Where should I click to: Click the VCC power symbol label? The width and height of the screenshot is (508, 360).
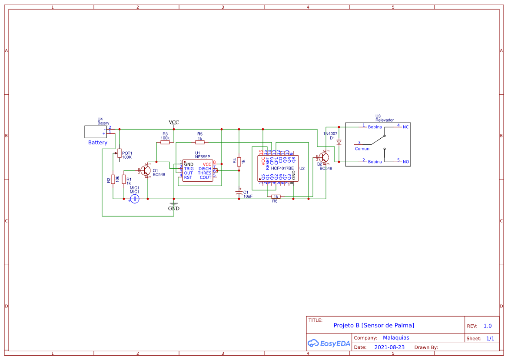pyautogui.click(x=174, y=122)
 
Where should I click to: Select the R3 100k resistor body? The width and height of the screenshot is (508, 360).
pyautogui.click(x=165, y=142)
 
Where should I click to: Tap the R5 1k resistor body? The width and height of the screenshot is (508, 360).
pyautogui.click(x=200, y=142)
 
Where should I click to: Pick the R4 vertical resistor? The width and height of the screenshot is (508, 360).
pyautogui.click(x=239, y=162)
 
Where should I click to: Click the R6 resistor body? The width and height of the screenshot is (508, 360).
pyautogui.click(x=276, y=197)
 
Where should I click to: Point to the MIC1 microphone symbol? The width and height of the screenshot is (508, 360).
pyautogui.click(x=135, y=199)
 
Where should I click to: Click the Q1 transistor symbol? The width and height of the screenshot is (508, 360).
pyautogui.click(x=146, y=170)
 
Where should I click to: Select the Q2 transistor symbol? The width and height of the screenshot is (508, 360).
pyautogui.click(x=324, y=157)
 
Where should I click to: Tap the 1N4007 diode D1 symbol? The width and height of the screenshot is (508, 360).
pyautogui.click(x=339, y=142)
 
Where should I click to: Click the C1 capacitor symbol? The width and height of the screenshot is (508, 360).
pyautogui.click(x=239, y=192)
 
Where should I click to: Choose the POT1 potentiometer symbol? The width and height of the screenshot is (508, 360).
pyautogui.click(x=120, y=153)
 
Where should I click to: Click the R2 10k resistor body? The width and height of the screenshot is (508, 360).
pyautogui.click(x=113, y=179)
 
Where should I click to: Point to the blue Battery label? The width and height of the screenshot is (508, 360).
pyautogui.click(x=98, y=143)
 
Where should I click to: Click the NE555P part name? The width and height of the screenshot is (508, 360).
pyautogui.click(x=203, y=157)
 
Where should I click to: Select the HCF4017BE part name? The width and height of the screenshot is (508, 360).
pyautogui.click(x=282, y=168)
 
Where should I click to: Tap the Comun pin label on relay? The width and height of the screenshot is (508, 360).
pyautogui.click(x=362, y=149)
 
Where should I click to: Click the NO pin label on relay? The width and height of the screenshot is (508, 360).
pyautogui.click(x=406, y=162)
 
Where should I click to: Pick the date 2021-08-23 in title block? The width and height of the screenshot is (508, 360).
pyautogui.click(x=389, y=347)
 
